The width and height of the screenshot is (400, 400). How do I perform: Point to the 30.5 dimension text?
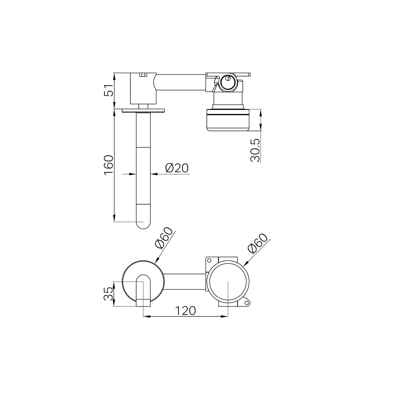click(255, 150)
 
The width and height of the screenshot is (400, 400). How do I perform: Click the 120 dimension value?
click(185, 311)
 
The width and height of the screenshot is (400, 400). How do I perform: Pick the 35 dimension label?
click(109, 294)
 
